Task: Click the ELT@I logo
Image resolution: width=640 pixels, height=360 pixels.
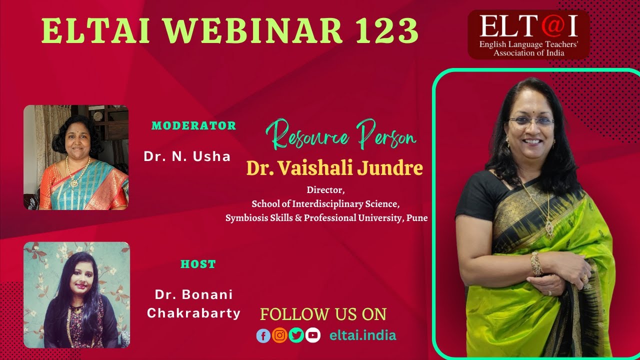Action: coord(528,34)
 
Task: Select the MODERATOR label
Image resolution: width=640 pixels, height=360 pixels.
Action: coord(193,126)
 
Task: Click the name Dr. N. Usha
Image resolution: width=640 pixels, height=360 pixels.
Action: coord(187,156)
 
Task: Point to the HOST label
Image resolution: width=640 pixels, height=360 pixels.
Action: coord(198,264)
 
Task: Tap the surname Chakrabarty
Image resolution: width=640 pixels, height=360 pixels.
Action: coord(193,313)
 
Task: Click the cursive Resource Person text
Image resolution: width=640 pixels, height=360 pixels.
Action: coord(340,134)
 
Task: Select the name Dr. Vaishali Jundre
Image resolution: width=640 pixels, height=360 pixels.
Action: coord(334,168)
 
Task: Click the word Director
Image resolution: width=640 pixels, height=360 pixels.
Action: coord(326,190)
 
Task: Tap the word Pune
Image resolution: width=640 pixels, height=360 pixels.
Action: coord(417,218)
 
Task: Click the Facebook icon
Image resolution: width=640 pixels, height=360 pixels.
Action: coord(263,335)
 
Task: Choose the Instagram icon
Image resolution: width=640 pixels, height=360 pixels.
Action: coord(280,335)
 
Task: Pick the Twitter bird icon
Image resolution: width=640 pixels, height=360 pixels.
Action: coord(296,335)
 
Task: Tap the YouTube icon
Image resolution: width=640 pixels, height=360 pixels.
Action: coord(312,335)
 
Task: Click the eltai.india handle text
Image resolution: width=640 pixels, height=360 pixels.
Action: coord(362,335)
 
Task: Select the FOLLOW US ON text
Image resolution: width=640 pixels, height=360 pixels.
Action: coord(323,314)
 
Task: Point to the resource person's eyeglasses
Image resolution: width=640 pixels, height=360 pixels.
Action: coord(531,121)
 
